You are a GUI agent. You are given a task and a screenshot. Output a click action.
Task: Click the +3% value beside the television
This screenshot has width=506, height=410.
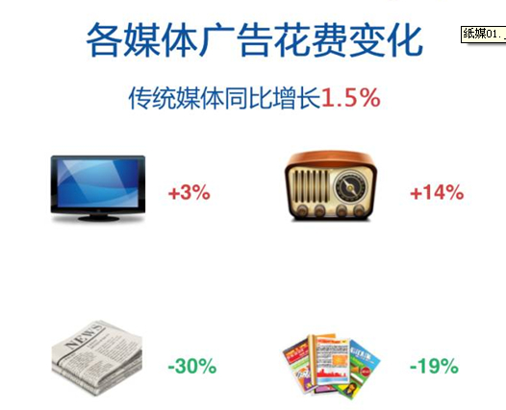pos(190,193)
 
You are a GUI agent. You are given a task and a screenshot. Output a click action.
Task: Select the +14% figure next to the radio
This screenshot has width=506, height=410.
pos(437,193)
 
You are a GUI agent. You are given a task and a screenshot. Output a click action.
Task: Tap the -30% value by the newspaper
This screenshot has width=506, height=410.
pos(192,366)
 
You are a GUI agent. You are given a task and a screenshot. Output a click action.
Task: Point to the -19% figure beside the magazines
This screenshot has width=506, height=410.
pos(434,366)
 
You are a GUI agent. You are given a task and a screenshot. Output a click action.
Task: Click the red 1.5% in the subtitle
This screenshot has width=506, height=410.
pos(350,98)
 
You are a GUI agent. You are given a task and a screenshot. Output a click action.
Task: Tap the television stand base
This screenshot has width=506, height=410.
pos(99,218)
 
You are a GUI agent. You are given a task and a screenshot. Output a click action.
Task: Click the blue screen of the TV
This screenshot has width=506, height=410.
pos(98,183)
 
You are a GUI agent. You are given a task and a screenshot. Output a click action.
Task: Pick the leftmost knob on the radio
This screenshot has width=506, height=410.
pos(302,211)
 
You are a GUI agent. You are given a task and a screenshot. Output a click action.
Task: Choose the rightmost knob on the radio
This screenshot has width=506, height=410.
pos(358,211)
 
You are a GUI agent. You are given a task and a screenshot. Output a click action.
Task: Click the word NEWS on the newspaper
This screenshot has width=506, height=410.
pos(85,337)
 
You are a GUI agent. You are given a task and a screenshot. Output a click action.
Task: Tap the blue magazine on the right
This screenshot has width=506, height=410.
pos(365,364)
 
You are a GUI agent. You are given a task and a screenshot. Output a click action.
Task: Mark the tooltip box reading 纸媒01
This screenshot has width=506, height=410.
pos(484,34)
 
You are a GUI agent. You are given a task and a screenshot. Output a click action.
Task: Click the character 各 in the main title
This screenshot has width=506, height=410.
pos(104,39)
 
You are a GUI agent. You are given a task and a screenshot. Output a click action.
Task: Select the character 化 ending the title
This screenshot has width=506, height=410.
pos(405,39)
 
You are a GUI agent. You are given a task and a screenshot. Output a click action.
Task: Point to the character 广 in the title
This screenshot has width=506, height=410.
pos(216,39)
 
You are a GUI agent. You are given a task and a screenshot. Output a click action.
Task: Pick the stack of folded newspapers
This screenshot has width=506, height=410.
pos(97,357)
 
